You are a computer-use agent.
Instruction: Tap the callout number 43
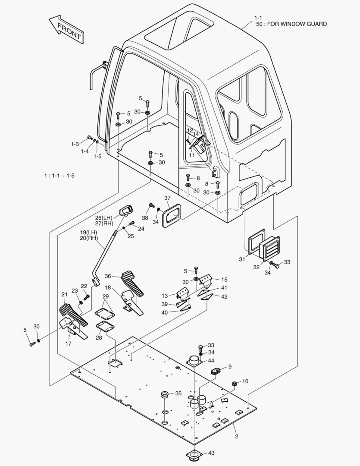(211, 453)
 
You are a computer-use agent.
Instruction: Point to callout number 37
(167, 198)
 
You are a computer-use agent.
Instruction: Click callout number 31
(242, 259)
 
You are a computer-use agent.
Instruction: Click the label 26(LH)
(104, 217)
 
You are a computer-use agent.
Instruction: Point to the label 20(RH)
(89, 238)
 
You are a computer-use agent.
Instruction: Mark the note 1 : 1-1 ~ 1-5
(59, 176)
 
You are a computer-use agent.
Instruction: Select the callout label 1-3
(75, 144)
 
